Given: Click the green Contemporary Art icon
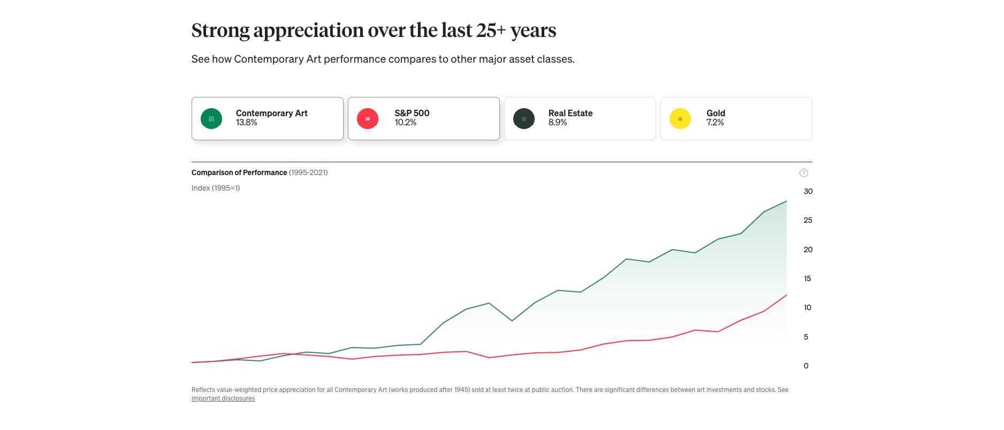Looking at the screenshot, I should click(211, 119).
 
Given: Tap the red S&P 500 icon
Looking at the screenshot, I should click(368, 119).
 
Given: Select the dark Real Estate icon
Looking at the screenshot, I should click(524, 119).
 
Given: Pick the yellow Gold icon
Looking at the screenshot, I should click(680, 119).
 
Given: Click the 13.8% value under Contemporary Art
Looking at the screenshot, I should click(247, 123).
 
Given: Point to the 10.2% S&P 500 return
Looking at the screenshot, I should click(406, 123).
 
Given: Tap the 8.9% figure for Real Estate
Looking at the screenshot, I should click(558, 123).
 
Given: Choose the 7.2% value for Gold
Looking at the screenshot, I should click(715, 123).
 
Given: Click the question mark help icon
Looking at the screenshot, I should click(804, 173).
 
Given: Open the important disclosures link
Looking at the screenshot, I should click(223, 398).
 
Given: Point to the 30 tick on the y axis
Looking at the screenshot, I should click(808, 191).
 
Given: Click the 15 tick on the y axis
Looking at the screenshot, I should click(808, 278).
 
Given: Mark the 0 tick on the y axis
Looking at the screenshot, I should click(806, 366).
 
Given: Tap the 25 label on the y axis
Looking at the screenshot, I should click(808, 220).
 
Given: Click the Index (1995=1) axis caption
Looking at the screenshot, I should click(216, 188).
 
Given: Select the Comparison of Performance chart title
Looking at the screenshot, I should click(239, 172).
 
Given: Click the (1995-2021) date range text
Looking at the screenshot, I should click(308, 172).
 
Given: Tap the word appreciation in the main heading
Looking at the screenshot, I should click(309, 31).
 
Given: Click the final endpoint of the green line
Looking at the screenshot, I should click(786, 201).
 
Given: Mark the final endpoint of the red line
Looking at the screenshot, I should click(786, 295).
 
